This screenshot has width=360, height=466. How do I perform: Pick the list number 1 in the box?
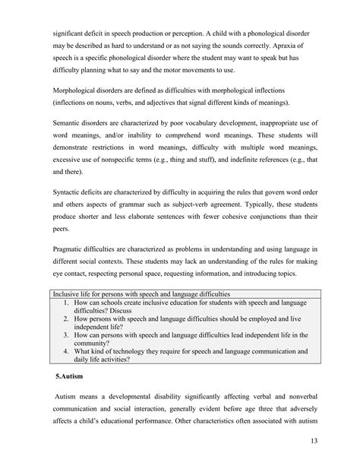pyautogui.click(x=66, y=302)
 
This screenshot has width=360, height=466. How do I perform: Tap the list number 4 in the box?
pyautogui.click(x=66, y=352)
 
